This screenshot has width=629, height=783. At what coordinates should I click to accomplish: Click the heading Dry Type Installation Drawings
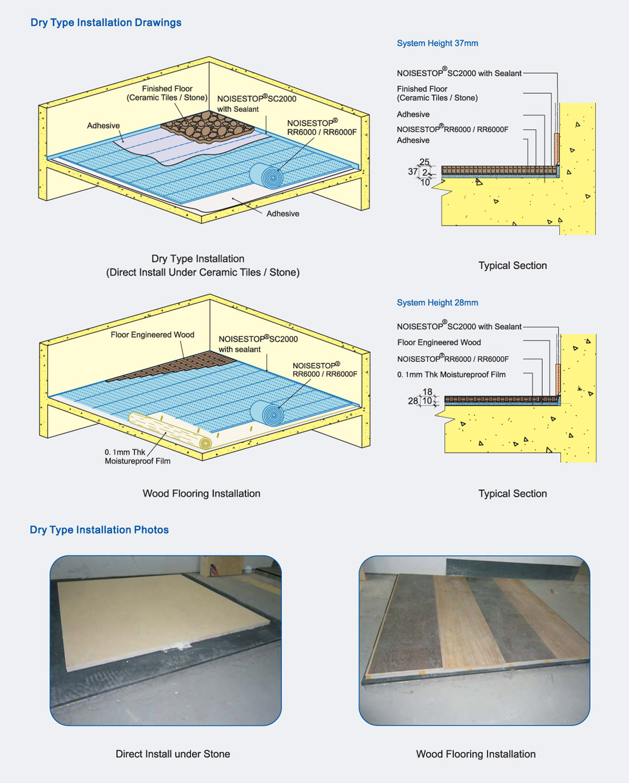pyautogui.click(x=106, y=22)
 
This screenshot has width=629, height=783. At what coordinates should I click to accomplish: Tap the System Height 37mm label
pyautogui.click(x=437, y=43)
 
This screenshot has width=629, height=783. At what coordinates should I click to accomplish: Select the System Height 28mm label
pyautogui.click(x=437, y=303)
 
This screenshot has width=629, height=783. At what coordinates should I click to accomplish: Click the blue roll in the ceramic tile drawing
pyautogui.click(x=266, y=176)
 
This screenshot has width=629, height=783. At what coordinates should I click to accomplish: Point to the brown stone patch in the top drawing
pyautogui.click(x=208, y=127)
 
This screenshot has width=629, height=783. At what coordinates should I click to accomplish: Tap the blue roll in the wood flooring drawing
pyautogui.click(x=267, y=413)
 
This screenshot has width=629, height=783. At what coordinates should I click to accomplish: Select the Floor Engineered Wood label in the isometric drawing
pyautogui.click(x=152, y=335)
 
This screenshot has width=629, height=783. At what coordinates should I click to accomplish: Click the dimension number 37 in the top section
pyautogui.click(x=412, y=171)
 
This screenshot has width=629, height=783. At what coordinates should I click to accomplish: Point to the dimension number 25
pyautogui.click(x=424, y=162)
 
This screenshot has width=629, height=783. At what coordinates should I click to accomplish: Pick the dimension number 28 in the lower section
pyautogui.click(x=413, y=401)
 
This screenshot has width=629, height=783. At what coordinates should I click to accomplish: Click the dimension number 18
pyautogui.click(x=427, y=392)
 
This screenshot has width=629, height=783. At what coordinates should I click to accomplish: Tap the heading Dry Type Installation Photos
pyautogui.click(x=99, y=530)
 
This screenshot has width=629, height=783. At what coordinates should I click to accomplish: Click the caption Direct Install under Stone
pyautogui.click(x=173, y=754)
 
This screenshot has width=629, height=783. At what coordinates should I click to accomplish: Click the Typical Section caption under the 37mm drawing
pyautogui.click(x=512, y=266)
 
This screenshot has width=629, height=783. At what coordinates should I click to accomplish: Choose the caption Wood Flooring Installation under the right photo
pyautogui.click(x=476, y=754)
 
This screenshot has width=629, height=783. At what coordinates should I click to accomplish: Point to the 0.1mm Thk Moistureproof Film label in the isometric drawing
pyautogui.click(x=137, y=457)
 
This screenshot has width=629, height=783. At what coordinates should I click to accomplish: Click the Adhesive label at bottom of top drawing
pyautogui.click(x=283, y=214)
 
